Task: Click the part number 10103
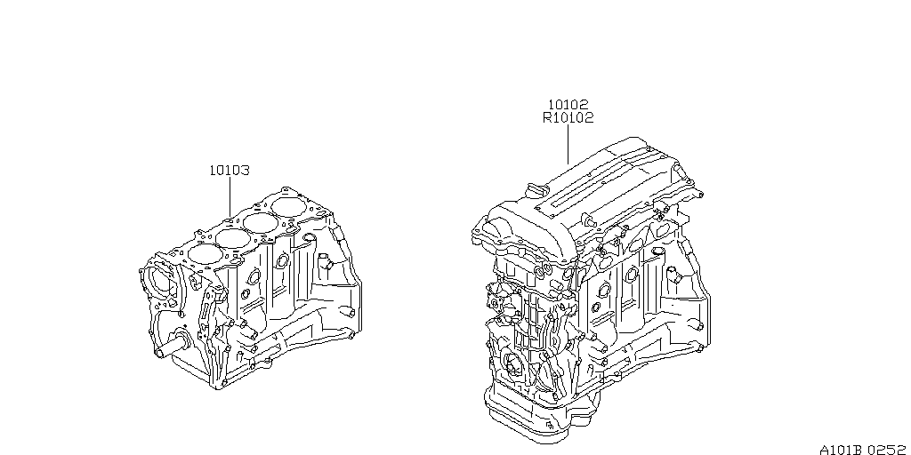coord(229,170)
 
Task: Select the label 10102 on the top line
coord(568,104)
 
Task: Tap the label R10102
coord(568,117)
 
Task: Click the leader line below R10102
coord(568,144)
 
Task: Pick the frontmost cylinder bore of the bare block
coord(203,253)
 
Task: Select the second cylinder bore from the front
coord(233,239)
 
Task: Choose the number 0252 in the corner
coord(890,450)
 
